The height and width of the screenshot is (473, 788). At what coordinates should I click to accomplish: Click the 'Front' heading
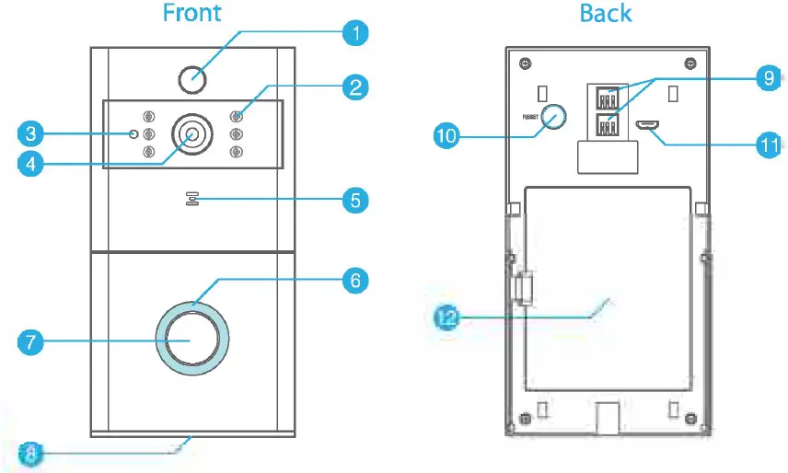191,13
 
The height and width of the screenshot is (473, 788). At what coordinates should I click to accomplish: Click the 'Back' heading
606,13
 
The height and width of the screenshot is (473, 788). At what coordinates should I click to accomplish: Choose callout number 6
353,280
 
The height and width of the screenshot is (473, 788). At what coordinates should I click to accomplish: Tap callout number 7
30,341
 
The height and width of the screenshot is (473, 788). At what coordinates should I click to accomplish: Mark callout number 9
767,78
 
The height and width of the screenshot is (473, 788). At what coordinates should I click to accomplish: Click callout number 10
447,136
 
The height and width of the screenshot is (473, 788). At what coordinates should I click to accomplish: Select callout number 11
767,144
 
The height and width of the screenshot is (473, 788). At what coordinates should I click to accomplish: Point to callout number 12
447,318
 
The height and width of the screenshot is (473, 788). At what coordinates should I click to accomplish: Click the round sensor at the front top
192,79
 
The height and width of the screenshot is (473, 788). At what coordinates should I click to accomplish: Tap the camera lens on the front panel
192,134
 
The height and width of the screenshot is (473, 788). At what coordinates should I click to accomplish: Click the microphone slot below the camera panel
192,200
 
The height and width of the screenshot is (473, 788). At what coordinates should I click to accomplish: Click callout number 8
30,452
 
